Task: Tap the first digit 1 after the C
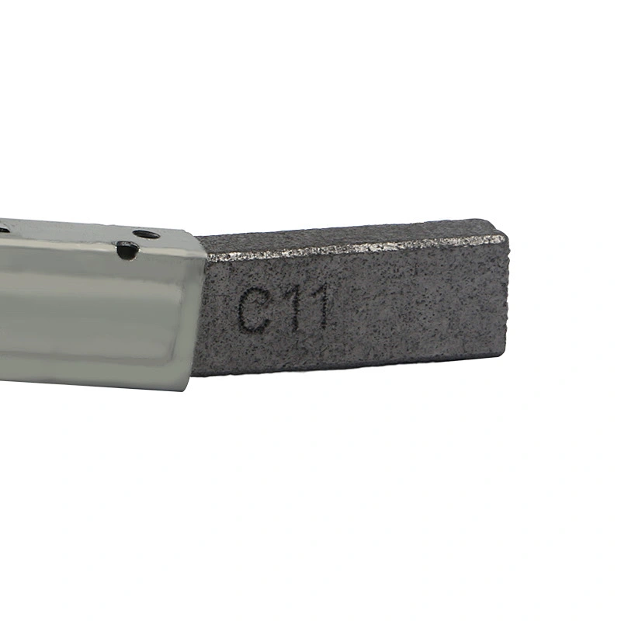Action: (x=295, y=308)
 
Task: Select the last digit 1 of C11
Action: (x=319, y=306)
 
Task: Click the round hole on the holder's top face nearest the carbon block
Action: (x=146, y=234)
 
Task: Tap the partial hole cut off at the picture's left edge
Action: (x=4, y=229)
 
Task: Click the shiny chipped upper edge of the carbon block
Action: (x=356, y=248)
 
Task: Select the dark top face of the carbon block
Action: (x=349, y=234)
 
